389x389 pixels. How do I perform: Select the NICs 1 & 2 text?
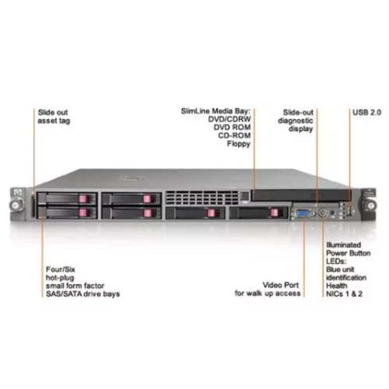(342, 294)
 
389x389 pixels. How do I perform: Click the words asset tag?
(53, 121)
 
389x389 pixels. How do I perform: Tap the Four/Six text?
(60, 270)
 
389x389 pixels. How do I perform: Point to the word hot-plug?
(59, 278)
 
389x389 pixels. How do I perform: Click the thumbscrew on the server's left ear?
(16, 205)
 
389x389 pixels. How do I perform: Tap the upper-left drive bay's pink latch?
(83, 198)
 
